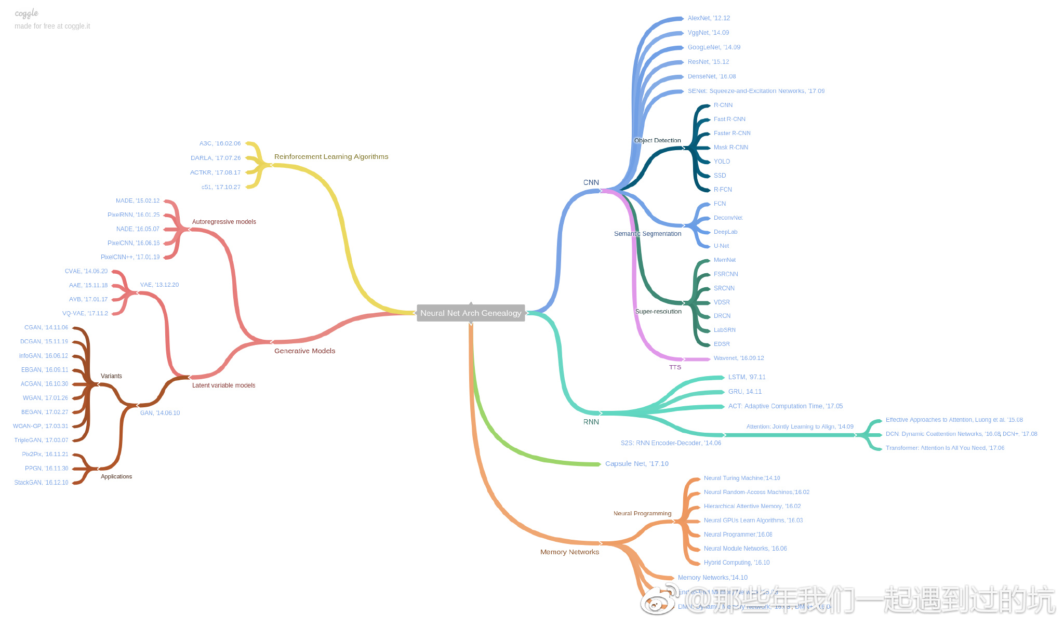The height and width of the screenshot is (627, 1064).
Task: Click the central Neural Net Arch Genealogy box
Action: (x=470, y=313)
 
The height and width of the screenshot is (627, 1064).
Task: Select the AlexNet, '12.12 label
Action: (x=709, y=18)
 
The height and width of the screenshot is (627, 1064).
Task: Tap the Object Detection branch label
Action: (x=657, y=140)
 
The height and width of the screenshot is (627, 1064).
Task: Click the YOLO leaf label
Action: (x=722, y=162)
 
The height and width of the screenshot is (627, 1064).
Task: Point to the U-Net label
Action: (x=721, y=246)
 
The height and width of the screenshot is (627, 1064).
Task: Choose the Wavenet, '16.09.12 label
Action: (x=738, y=358)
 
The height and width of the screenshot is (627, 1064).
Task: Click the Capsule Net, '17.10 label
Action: (x=636, y=463)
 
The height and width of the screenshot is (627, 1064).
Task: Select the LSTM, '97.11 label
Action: (x=747, y=377)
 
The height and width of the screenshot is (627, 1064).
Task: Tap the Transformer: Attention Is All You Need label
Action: (x=945, y=448)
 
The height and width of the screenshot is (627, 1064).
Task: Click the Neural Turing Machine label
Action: (x=741, y=478)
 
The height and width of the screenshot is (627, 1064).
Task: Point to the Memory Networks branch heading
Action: (x=569, y=552)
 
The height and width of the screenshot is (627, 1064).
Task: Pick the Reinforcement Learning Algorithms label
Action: (x=331, y=156)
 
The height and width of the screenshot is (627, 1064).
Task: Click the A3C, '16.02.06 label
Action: (x=220, y=143)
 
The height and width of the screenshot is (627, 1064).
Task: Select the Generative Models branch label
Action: (x=304, y=351)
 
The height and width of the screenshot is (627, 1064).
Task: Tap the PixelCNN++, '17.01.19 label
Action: (x=130, y=257)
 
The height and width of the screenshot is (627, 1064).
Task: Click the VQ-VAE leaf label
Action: (x=85, y=313)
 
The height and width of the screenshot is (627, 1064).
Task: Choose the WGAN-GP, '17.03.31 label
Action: (x=41, y=426)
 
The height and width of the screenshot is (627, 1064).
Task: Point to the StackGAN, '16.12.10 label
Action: (x=41, y=483)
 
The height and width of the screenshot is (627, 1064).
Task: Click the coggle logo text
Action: (x=26, y=13)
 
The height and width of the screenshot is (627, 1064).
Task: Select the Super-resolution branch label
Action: (x=658, y=311)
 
